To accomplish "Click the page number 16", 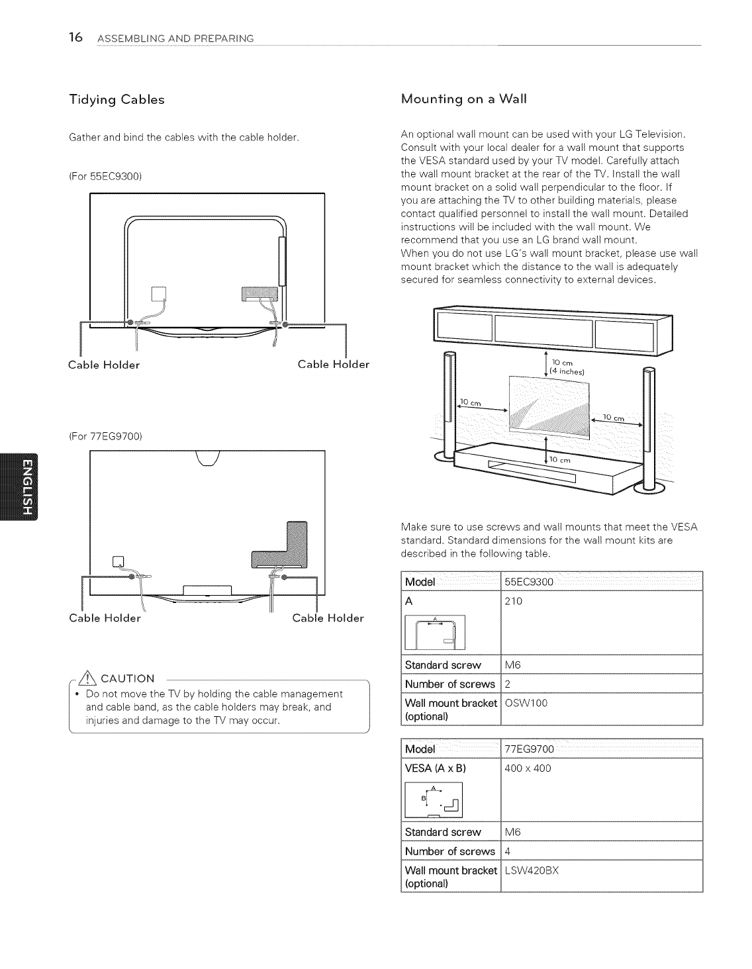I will [75, 38].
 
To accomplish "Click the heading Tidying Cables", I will [117, 100].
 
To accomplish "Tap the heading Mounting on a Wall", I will [464, 99].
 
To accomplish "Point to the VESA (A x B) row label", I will [436, 768].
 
